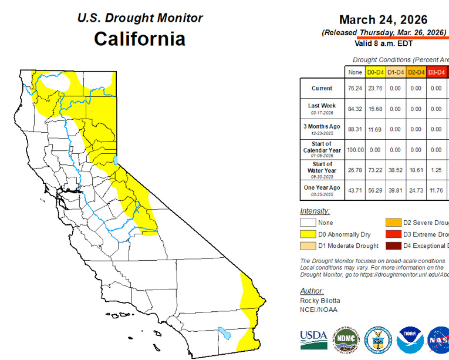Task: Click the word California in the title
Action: click(x=140, y=39)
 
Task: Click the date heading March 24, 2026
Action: click(x=391, y=19)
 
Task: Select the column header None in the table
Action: click(x=355, y=72)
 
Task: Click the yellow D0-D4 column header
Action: click(x=375, y=72)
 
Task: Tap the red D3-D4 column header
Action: click(x=436, y=72)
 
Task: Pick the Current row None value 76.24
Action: click(x=355, y=89)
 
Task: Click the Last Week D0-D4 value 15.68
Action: click(x=375, y=109)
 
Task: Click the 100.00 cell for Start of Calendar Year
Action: click(x=355, y=150)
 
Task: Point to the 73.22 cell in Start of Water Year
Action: click(x=375, y=170)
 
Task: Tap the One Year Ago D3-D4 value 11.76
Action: click(x=436, y=191)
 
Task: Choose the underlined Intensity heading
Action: click(x=315, y=211)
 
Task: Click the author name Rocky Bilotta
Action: click(x=320, y=301)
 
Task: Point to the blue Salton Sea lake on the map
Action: click(x=223, y=333)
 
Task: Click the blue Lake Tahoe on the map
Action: click(x=116, y=159)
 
